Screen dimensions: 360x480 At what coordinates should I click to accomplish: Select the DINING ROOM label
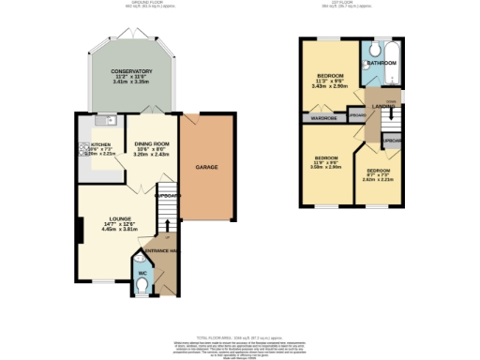tap(150, 143)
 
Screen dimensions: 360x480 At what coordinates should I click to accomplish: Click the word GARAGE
tap(206, 167)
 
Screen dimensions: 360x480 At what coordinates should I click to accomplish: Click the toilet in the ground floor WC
tap(142, 289)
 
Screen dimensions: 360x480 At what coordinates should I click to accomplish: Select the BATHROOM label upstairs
tap(381, 63)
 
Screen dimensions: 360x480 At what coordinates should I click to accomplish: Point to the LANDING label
tap(384, 107)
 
